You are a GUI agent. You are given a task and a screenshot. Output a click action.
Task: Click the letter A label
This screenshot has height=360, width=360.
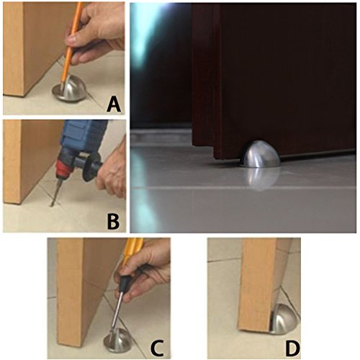click(x=112, y=104)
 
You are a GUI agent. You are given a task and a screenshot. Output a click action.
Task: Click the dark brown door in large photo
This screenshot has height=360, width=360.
click(x=274, y=72)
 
